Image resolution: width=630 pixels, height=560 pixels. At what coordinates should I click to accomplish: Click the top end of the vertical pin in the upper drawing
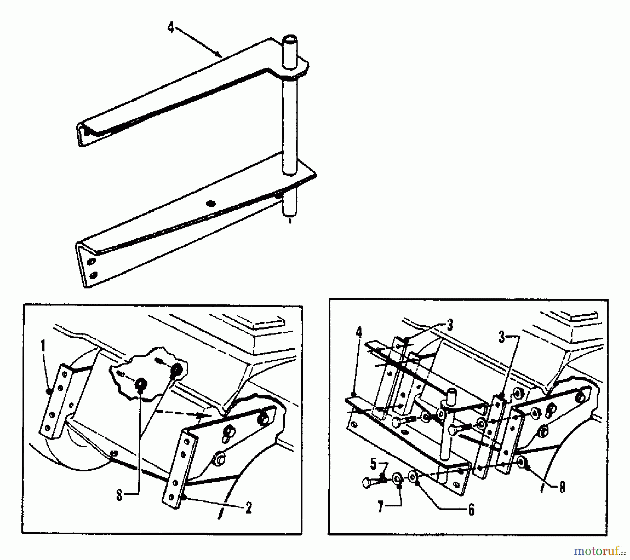coord(290,38)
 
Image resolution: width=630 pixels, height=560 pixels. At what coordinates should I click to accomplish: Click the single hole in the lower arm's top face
coord(211,203)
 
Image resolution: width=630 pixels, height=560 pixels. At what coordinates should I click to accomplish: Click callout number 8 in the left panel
coord(120,496)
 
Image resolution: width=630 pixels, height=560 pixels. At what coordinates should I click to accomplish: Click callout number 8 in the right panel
coord(562,487)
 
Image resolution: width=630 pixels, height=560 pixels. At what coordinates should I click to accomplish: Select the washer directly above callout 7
coord(397,479)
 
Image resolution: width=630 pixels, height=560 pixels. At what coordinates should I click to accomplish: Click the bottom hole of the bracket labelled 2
coord(171,497)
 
